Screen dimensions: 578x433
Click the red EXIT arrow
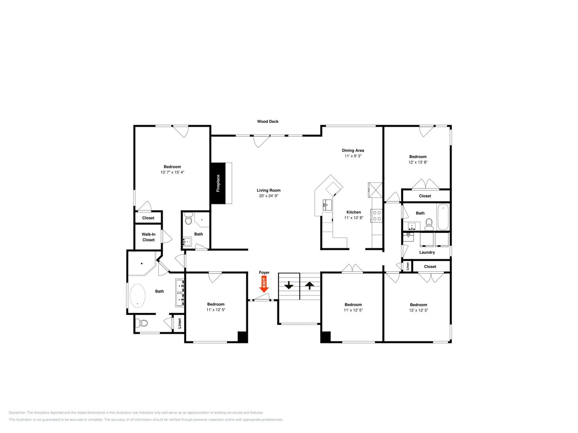click(x=264, y=284)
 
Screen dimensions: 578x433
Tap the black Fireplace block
click(x=218, y=183)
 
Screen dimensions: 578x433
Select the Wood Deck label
click(x=268, y=121)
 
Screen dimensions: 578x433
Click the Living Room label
click(x=268, y=190)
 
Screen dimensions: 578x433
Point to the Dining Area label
click(x=353, y=150)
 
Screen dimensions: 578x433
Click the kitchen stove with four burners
click(x=376, y=216)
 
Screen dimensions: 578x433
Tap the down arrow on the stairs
click(x=289, y=285)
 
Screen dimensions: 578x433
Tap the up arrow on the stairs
click(x=310, y=286)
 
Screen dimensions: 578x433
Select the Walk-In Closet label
click(x=148, y=237)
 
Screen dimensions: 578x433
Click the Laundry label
click(x=427, y=252)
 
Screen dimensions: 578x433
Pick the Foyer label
click(x=264, y=273)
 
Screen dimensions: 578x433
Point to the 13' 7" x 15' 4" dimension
click(x=172, y=172)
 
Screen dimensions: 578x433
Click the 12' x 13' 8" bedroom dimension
click(x=418, y=162)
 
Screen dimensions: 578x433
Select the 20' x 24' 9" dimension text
click(x=268, y=196)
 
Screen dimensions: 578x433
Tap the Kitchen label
click(x=354, y=212)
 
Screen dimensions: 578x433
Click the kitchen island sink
click(x=327, y=205)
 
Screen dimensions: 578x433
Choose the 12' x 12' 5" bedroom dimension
click(x=418, y=310)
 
